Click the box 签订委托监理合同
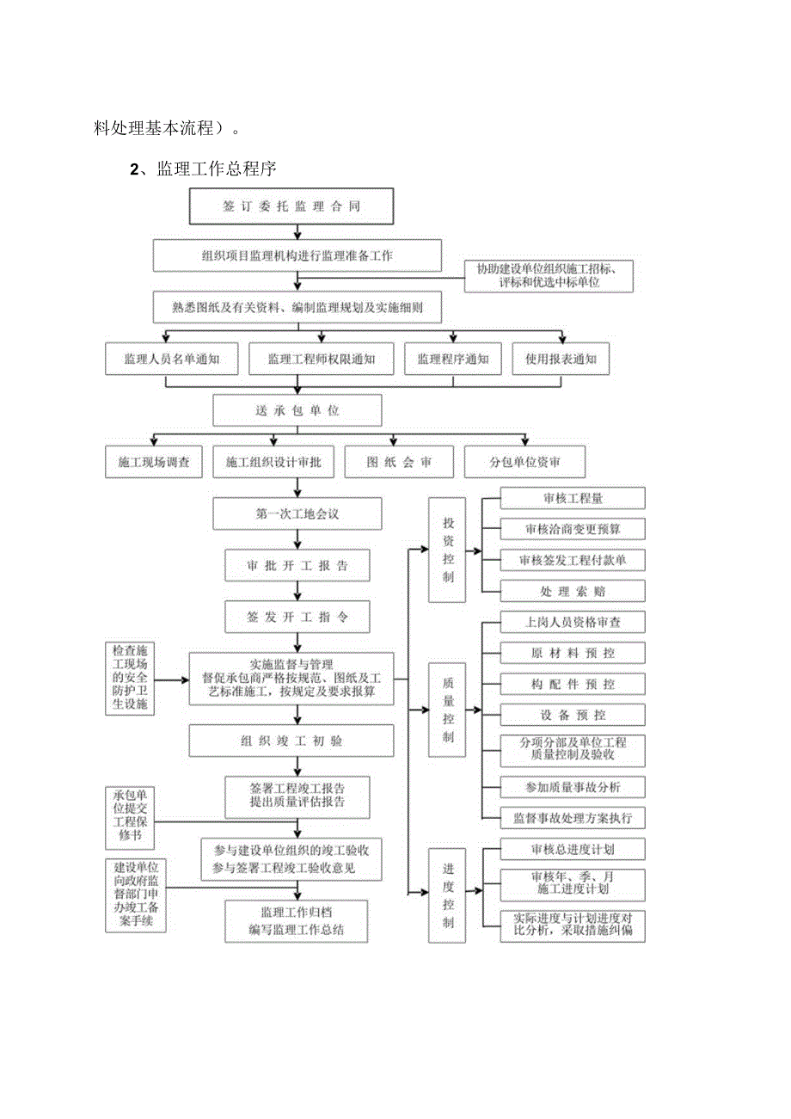pos(291,206)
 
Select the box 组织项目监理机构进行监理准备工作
pos(297,255)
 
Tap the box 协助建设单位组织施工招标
pos(549,275)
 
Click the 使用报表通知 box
pos(561,359)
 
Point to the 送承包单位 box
pos(297,410)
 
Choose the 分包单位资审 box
pos(524,462)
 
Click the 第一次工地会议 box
pos(297,513)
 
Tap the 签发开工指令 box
pos(297,617)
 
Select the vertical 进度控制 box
pos(448,895)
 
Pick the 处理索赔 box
pos(572,591)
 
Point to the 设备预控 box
pos(572,715)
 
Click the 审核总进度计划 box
pos(572,850)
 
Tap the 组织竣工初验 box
pos(297,741)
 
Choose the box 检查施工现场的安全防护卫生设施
pos(130,678)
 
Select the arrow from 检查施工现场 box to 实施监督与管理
pos(173,679)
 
